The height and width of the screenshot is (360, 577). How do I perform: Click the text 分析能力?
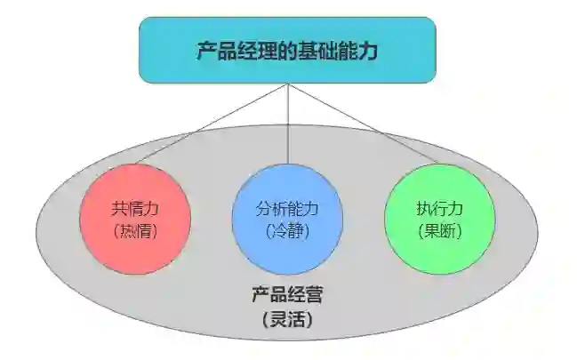coord(287,210)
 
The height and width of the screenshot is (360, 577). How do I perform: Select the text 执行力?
coord(439,210)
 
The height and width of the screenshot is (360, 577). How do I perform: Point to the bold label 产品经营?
coord(286,292)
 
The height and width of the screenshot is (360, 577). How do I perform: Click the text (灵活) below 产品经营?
coord(286,316)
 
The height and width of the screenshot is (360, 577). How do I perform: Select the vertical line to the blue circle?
coord(287,124)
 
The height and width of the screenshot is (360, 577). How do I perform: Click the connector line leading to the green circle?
coord(363,124)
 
